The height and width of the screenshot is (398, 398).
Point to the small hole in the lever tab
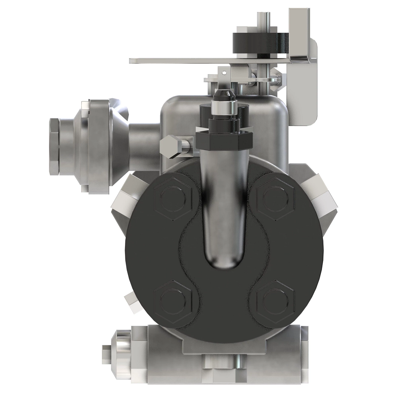pyautogui.click(x=225, y=71)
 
